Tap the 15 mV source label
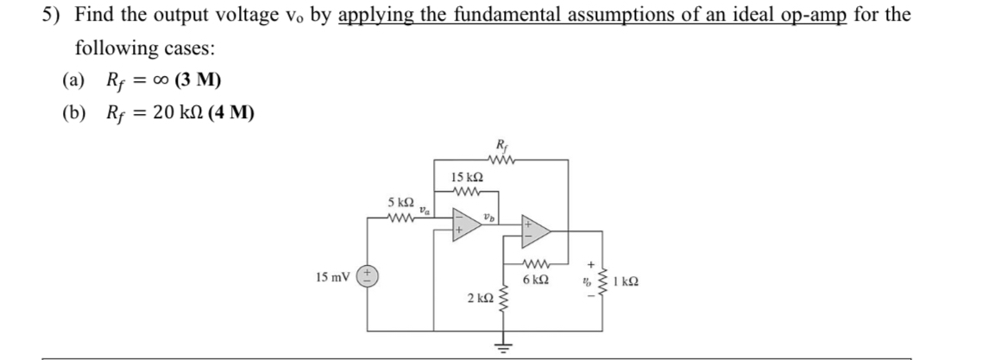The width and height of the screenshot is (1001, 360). (333, 279)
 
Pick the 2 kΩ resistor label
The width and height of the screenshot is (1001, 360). (480, 298)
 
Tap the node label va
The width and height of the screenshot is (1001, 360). (423, 208)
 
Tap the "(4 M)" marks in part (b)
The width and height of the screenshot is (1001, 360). (229, 114)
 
